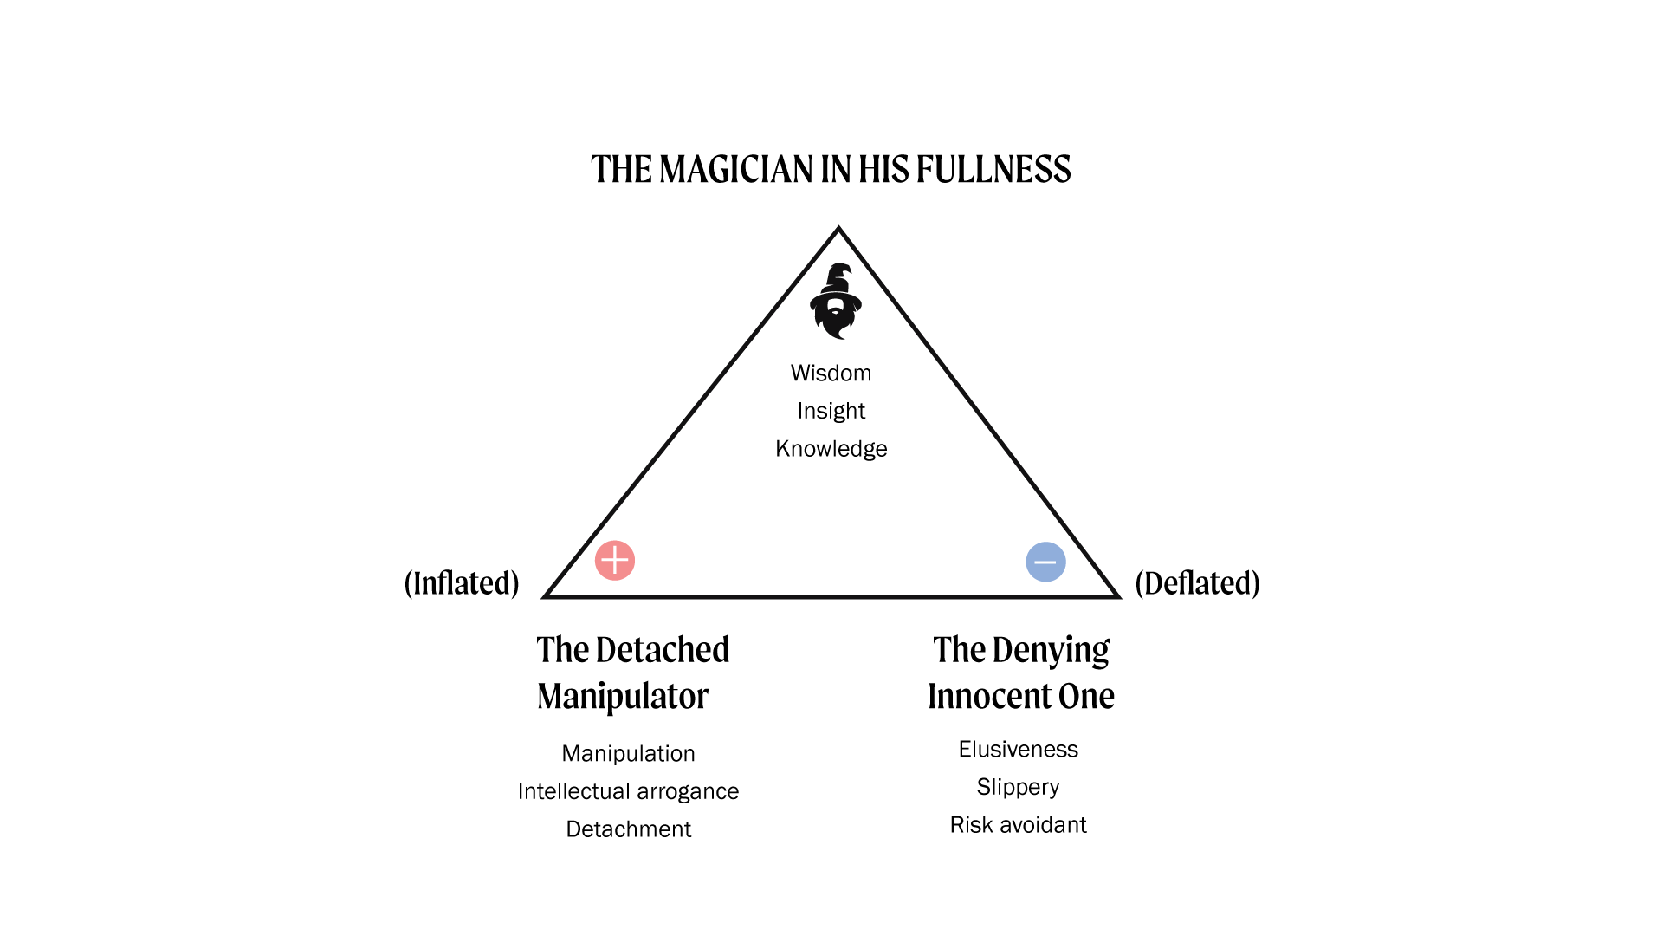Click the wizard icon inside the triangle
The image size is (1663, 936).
click(836, 301)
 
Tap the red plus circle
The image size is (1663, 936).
click(615, 561)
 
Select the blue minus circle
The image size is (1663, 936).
click(1045, 562)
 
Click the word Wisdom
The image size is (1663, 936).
click(831, 374)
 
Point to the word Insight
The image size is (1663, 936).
click(831, 411)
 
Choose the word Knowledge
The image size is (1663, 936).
click(831, 449)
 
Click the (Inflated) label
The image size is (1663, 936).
click(462, 583)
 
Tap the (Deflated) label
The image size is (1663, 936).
click(1197, 583)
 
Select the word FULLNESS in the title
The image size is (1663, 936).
click(993, 170)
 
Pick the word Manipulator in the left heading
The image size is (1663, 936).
click(622, 696)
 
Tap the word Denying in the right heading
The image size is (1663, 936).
click(1051, 650)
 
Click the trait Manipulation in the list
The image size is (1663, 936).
click(628, 754)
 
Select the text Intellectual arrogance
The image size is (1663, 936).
click(628, 791)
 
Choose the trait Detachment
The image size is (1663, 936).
click(628, 829)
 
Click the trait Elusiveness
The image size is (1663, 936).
click(1018, 750)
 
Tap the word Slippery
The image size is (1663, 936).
click(1018, 787)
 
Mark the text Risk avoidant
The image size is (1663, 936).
click(1018, 825)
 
